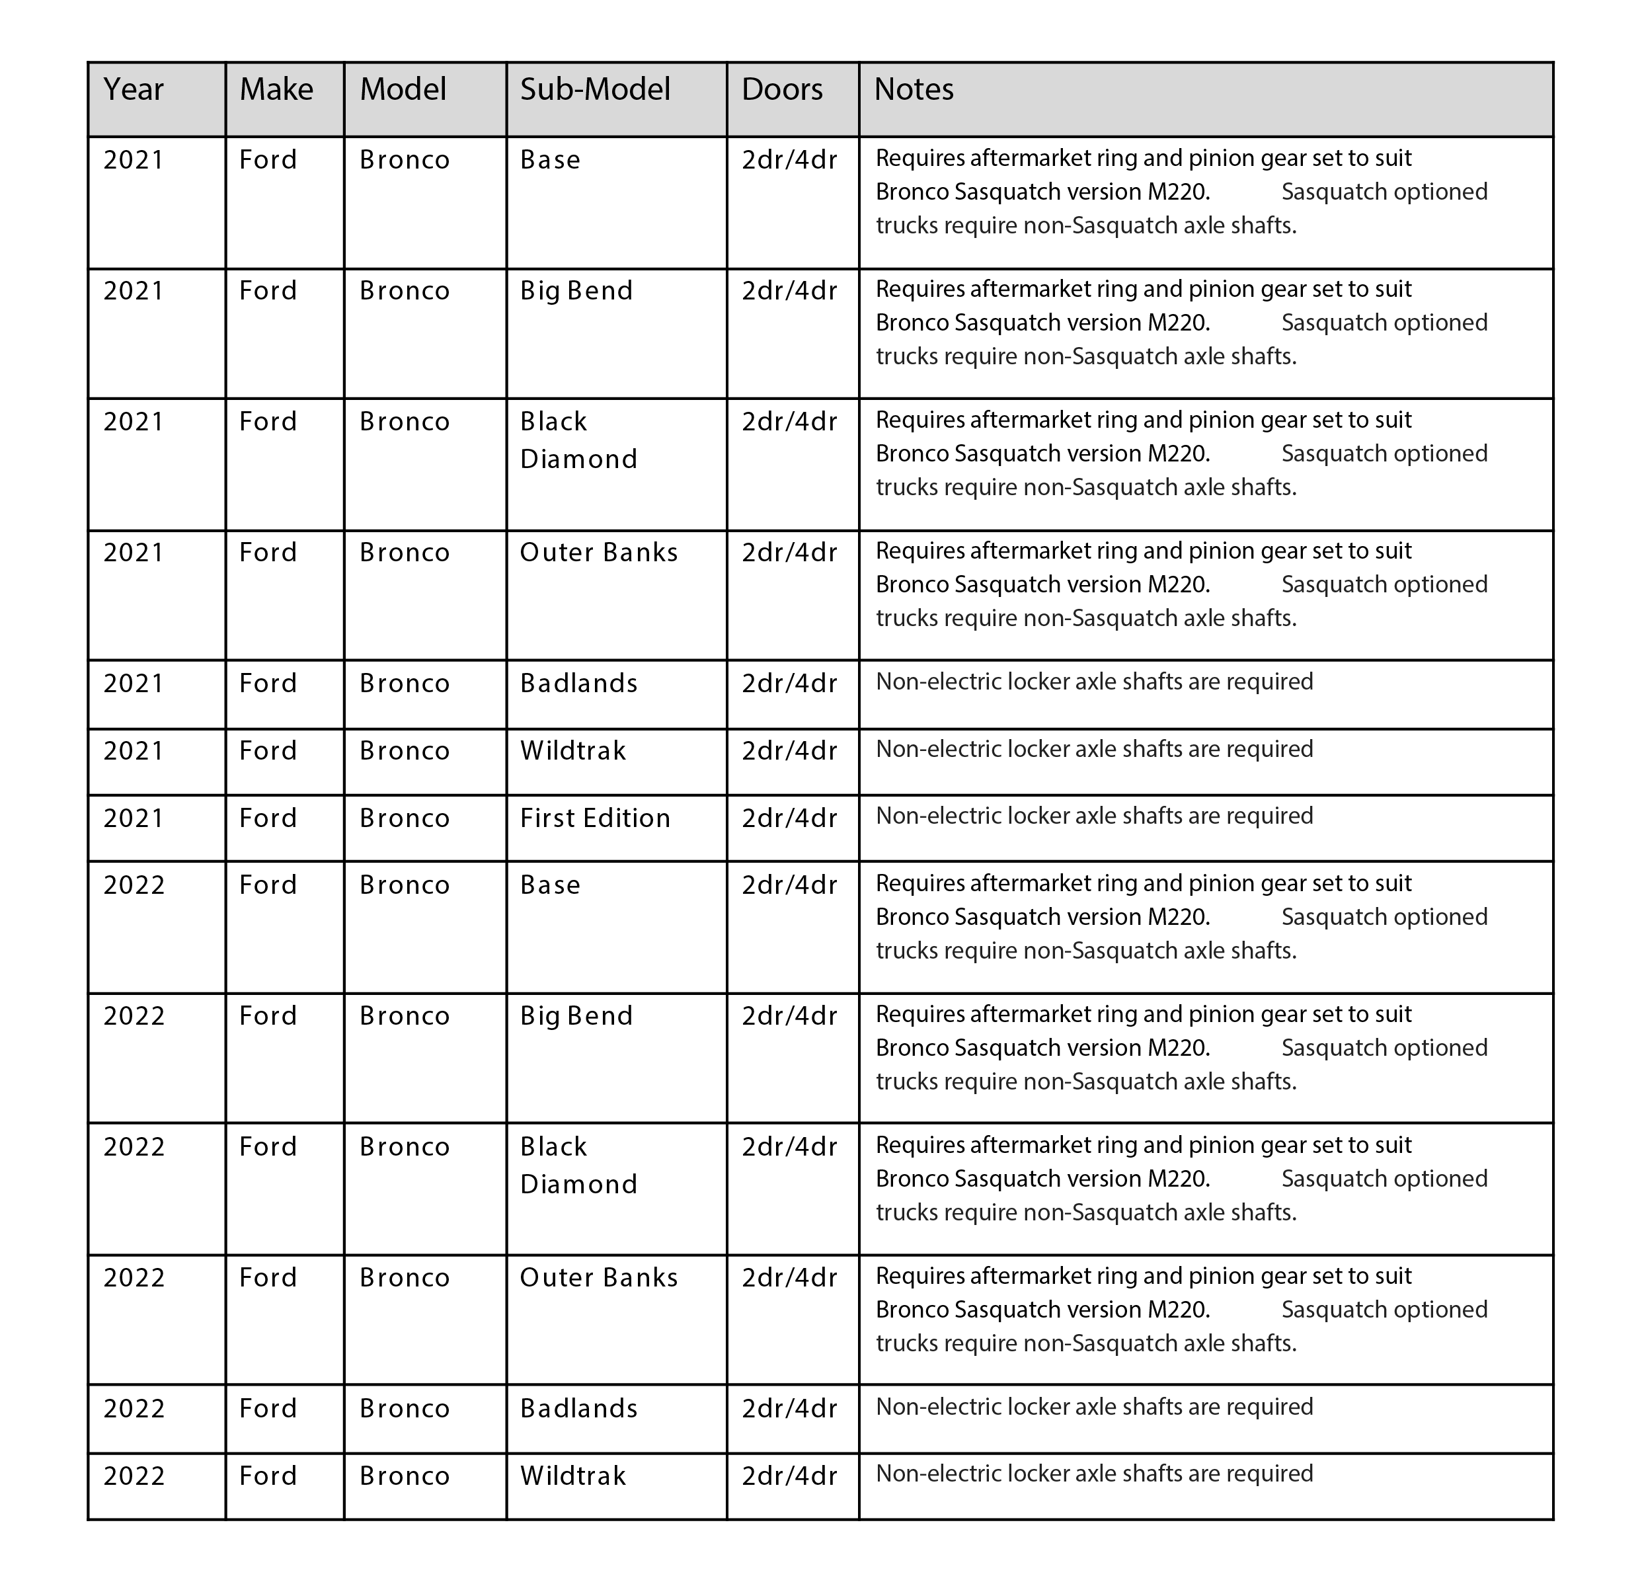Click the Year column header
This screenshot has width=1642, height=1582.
[x=134, y=90]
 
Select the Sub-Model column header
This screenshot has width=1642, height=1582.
[x=595, y=90]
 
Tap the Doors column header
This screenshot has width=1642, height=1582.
[x=781, y=90]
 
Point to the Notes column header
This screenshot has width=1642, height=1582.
[x=913, y=90]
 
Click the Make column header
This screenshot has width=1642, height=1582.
[x=276, y=90]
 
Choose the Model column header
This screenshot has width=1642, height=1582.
[x=403, y=90]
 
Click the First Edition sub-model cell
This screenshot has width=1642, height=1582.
[x=595, y=818]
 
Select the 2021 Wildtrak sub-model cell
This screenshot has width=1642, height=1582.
[x=572, y=751]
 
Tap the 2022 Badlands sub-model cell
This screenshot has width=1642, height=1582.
[x=578, y=1409]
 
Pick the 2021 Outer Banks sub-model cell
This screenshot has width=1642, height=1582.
[x=598, y=553]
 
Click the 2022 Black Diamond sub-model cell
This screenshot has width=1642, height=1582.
[x=578, y=1166]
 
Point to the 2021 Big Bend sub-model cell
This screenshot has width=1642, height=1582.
[x=576, y=292]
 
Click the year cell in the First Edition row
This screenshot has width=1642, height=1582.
[x=134, y=818]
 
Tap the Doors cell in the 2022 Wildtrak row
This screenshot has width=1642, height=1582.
[x=789, y=1476]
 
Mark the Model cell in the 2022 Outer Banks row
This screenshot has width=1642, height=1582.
[x=405, y=1278]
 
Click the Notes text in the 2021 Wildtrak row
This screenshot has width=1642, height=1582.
[x=1093, y=749]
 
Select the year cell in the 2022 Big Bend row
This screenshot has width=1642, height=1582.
[x=134, y=1016]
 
